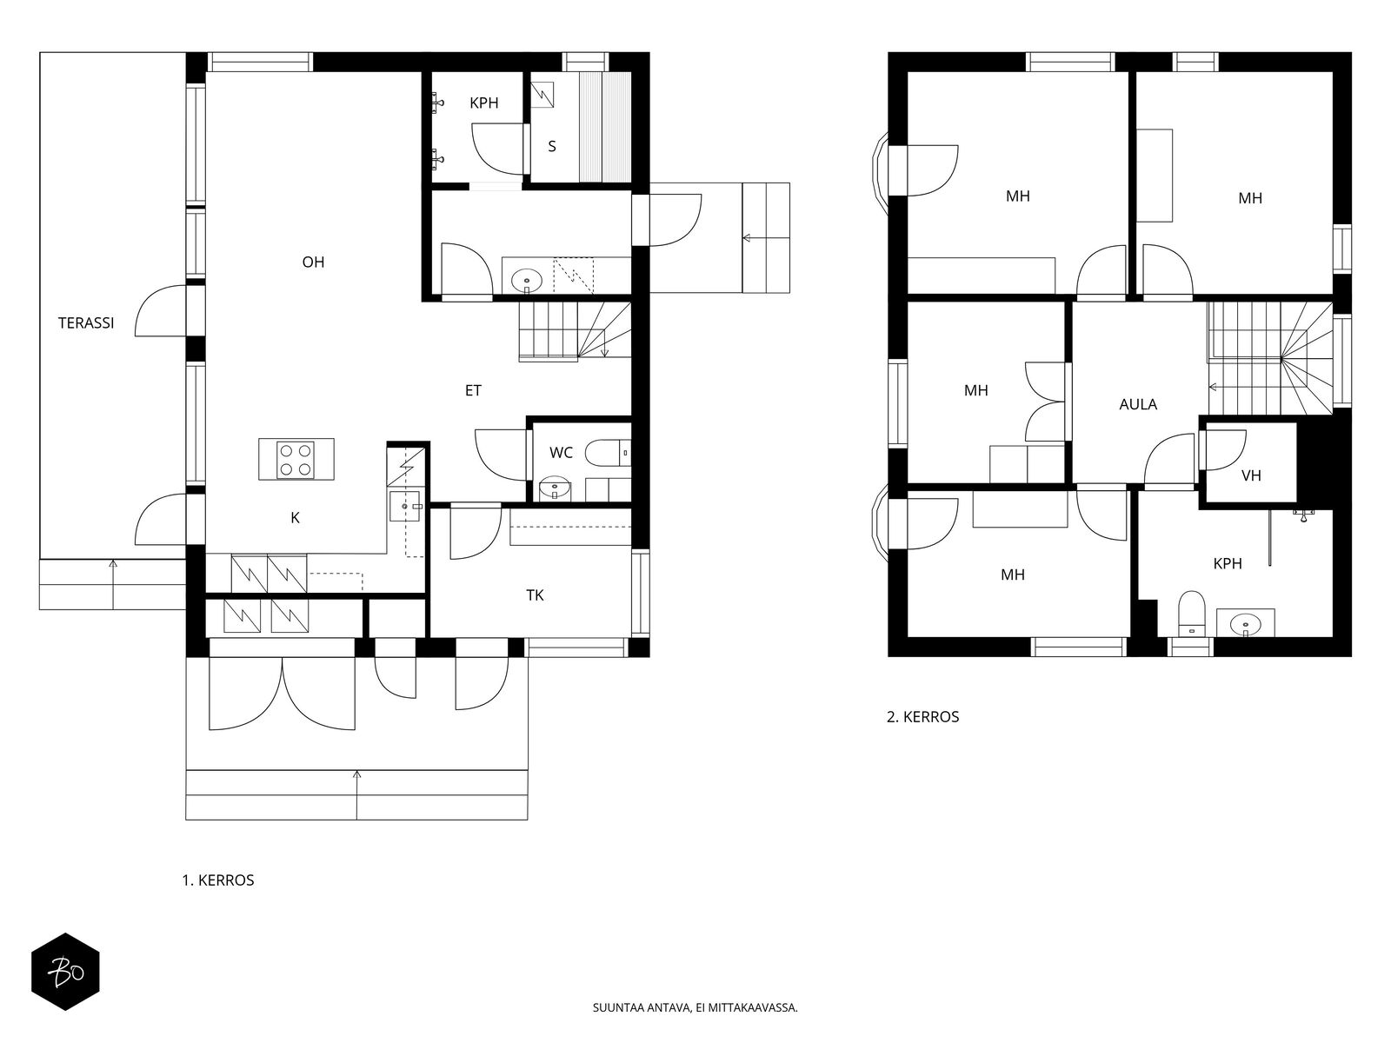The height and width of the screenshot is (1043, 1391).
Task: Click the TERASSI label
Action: [x=86, y=323]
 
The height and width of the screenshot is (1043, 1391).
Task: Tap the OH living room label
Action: [x=313, y=262]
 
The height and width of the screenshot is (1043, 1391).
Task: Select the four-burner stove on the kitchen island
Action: [x=296, y=460]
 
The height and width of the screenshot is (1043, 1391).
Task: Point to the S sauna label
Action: [x=552, y=146]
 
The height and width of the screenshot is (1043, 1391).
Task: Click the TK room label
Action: [x=535, y=595]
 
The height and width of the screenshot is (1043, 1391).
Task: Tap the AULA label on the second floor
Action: [x=1138, y=404]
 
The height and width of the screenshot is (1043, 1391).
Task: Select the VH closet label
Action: [x=1251, y=475]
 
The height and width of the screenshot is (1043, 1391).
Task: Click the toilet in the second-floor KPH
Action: [x=1192, y=613]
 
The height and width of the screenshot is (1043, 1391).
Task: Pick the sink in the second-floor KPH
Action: [x=1245, y=624]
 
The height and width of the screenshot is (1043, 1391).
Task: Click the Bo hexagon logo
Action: [x=65, y=972]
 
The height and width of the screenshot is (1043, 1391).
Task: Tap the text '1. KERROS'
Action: [x=218, y=880]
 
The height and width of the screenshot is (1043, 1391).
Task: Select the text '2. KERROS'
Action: [x=922, y=717]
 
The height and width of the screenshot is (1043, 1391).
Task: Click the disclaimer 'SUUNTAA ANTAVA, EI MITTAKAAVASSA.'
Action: [x=695, y=1007]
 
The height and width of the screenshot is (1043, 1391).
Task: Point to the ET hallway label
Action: [x=473, y=390]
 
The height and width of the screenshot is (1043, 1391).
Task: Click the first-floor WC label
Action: [x=561, y=453]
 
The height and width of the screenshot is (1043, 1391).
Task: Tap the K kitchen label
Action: [x=295, y=518]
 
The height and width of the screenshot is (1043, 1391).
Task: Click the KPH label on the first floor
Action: [x=484, y=103]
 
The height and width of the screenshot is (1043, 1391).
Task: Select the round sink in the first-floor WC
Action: [x=556, y=488]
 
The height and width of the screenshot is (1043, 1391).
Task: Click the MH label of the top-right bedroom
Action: [x=1250, y=198]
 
